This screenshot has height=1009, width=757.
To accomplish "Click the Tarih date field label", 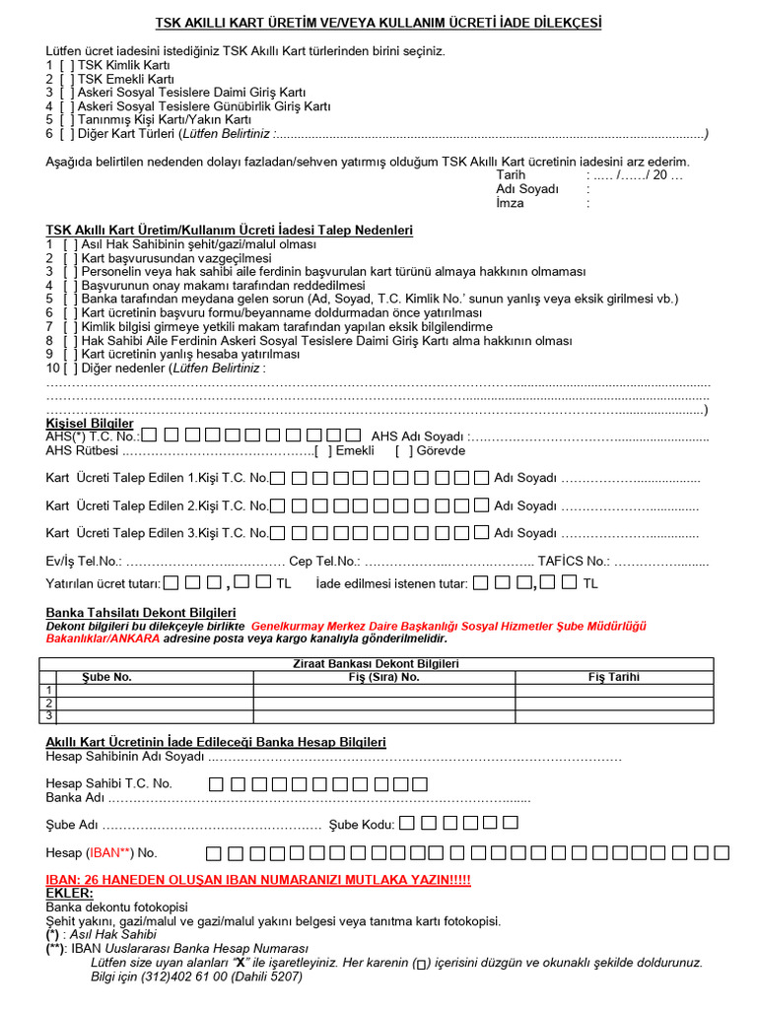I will tap(511, 175).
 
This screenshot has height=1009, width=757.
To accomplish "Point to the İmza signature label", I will tap(510, 203).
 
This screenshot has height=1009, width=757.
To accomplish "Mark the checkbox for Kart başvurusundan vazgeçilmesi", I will tap(69, 258).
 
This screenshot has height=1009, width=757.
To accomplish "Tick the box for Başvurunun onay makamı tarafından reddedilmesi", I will tap(69, 285).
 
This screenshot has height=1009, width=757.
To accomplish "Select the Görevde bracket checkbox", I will tap(404, 451).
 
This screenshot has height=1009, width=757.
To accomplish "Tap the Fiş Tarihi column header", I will tap(614, 677).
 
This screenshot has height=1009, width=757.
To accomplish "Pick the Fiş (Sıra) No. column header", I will tap(384, 677).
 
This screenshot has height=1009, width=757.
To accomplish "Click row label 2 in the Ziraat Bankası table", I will tap(49, 703).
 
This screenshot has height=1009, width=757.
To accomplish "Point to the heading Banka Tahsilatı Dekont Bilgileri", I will tap(141, 613).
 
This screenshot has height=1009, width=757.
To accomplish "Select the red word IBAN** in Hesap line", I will tap(112, 852).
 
